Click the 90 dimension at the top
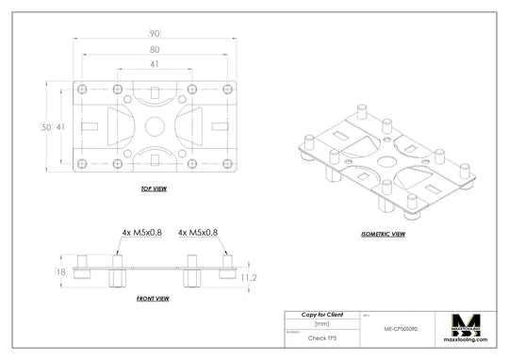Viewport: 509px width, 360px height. click(x=154, y=33)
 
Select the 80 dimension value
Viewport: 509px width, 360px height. click(x=154, y=49)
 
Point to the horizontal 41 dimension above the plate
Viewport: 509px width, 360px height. click(x=154, y=65)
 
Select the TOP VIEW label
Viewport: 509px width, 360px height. click(x=154, y=188)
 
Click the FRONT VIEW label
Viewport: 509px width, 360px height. click(x=153, y=299)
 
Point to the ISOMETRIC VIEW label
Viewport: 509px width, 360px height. click(x=383, y=234)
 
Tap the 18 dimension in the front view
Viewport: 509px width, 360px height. click(x=60, y=272)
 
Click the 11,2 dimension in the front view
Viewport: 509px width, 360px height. click(x=249, y=278)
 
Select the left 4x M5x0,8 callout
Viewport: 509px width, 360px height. click(x=141, y=231)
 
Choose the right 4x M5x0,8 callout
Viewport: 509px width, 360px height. click(x=198, y=231)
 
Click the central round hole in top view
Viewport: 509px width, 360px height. click(x=155, y=125)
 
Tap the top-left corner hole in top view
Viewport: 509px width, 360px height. click(x=82, y=90)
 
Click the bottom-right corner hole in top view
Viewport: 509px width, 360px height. click(x=227, y=162)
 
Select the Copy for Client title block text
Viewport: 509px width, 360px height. click(x=322, y=314)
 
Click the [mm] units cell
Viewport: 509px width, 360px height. click(x=322, y=323)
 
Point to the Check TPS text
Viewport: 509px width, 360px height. click(x=322, y=336)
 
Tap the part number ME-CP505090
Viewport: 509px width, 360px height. click(x=402, y=330)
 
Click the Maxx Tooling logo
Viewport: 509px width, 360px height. click(x=468, y=329)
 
